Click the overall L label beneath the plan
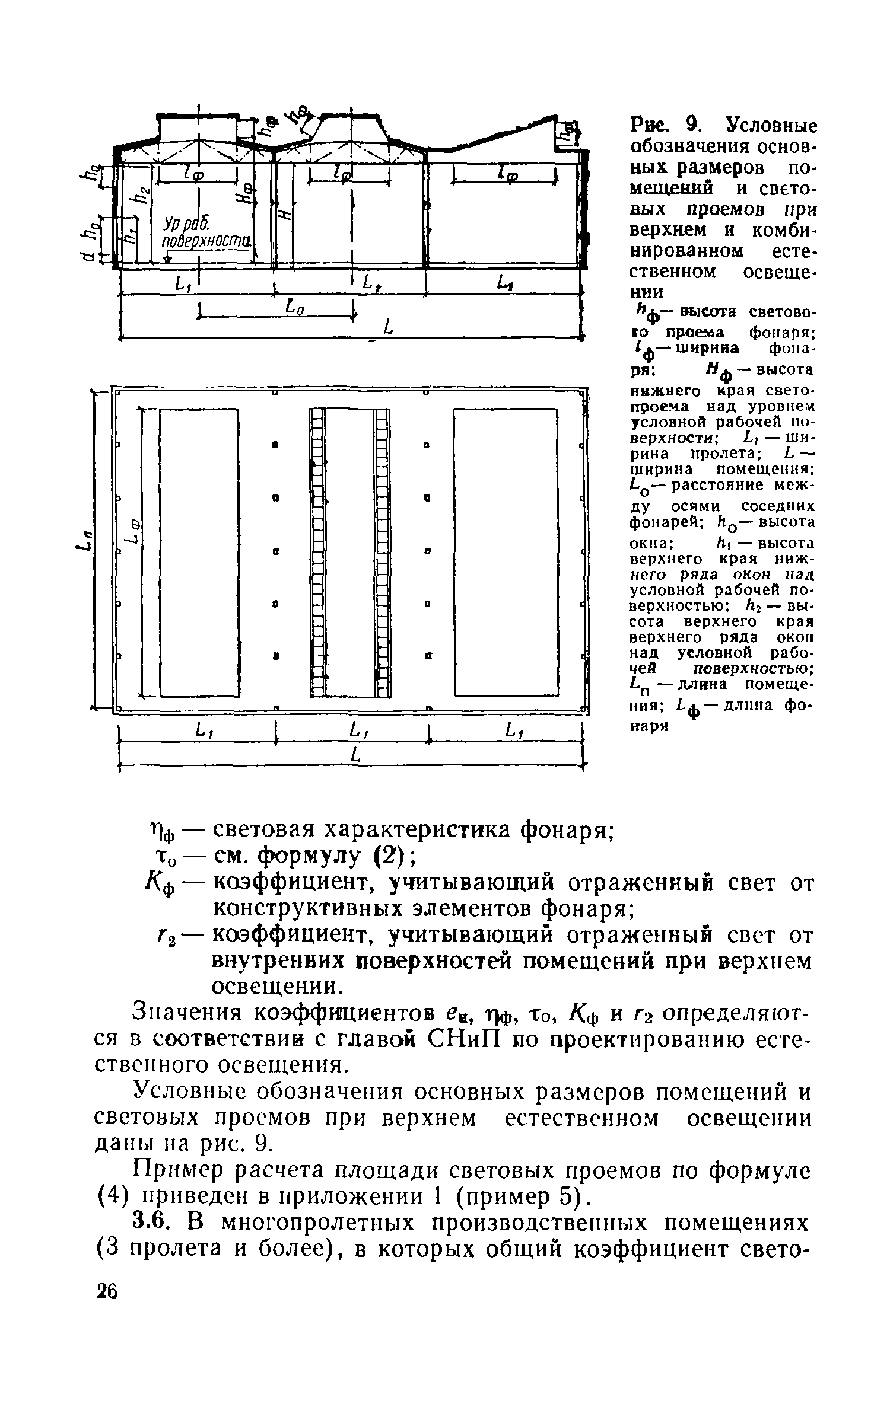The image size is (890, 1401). (355, 755)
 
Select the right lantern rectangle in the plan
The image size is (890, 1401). (506, 551)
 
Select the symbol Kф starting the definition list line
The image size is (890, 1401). (160, 886)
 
